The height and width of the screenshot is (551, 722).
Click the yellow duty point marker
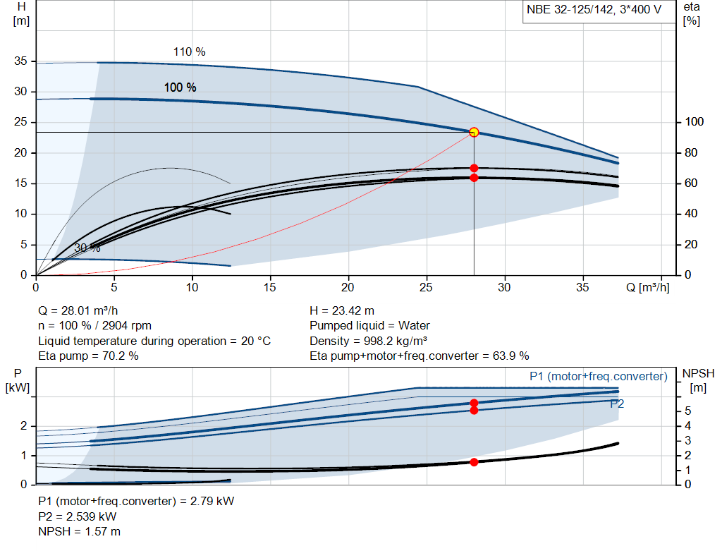tap(474, 132)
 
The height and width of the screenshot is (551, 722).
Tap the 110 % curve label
tap(189, 52)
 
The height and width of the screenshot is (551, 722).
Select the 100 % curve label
tap(180, 87)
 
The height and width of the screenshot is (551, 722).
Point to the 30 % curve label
tap(87, 248)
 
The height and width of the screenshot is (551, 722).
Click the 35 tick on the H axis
tap(20, 61)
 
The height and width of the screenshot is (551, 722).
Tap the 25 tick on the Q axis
tap(426, 288)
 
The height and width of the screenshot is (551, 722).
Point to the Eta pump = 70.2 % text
tap(88, 356)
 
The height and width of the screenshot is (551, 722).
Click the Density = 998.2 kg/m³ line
tap(369, 341)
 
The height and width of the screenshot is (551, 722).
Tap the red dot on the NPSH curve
tap(474, 462)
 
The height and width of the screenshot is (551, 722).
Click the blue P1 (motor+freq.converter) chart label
tap(598, 377)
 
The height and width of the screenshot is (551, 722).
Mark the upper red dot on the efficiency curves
tap(474, 168)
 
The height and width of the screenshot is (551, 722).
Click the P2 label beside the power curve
tap(617, 404)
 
